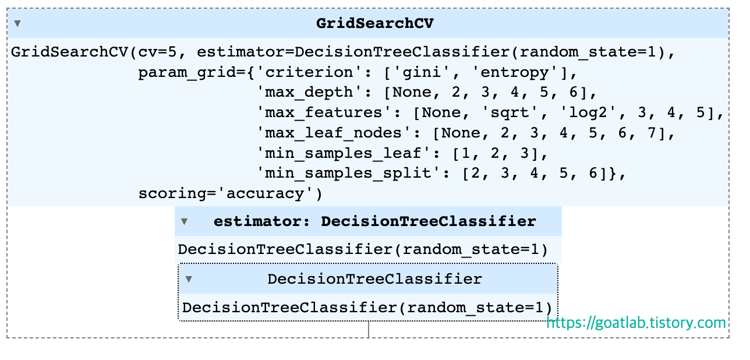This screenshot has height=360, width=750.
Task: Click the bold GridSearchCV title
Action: point(375,23)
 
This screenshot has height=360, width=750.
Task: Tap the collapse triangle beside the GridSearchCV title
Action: point(17,24)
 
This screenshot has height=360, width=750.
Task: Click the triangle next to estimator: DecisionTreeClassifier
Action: point(184,221)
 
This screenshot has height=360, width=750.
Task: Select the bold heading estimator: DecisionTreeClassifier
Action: point(374,221)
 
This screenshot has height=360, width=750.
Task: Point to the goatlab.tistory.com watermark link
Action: point(636,323)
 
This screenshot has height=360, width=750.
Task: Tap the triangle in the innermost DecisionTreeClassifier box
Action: point(189,279)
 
